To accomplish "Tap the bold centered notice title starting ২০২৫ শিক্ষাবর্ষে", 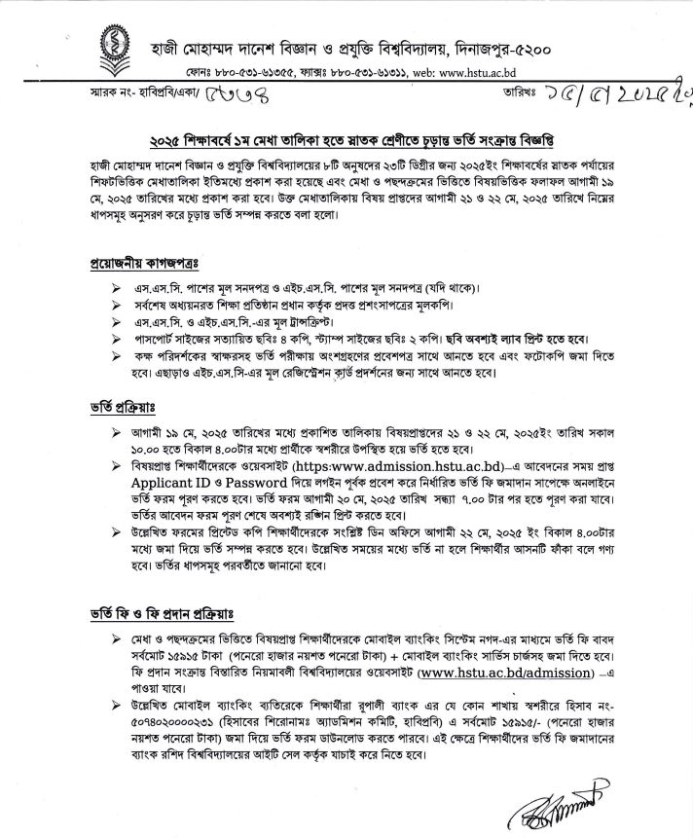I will tap(346, 136).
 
